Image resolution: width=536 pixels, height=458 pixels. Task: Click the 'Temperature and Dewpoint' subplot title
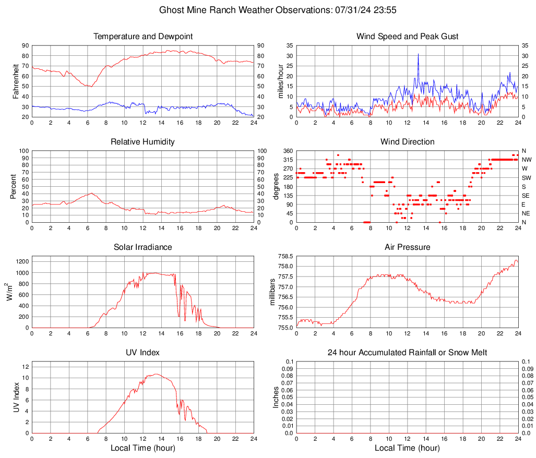click(143, 37)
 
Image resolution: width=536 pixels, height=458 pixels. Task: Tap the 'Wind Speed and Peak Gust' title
click(408, 37)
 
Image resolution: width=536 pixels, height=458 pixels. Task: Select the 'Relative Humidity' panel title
click(143, 142)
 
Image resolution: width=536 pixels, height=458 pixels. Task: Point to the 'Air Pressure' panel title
click(408, 247)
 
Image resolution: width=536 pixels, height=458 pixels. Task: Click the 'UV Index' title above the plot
click(143, 353)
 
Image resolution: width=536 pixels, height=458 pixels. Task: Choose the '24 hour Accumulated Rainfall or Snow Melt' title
click(408, 353)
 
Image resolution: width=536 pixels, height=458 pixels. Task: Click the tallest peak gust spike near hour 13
click(418, 54)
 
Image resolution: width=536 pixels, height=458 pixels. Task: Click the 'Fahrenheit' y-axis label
click(16, 81)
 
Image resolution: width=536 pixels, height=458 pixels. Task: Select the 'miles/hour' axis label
click(280, 81)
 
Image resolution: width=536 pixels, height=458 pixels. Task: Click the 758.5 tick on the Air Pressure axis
click(285, 256)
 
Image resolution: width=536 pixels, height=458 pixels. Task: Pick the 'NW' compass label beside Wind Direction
click(527, 160)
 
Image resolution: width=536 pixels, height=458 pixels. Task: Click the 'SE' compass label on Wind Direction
click(526, 196)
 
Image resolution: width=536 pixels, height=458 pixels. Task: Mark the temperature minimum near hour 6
click(91, 87)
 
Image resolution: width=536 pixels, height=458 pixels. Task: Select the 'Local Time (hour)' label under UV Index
click(143, 448)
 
